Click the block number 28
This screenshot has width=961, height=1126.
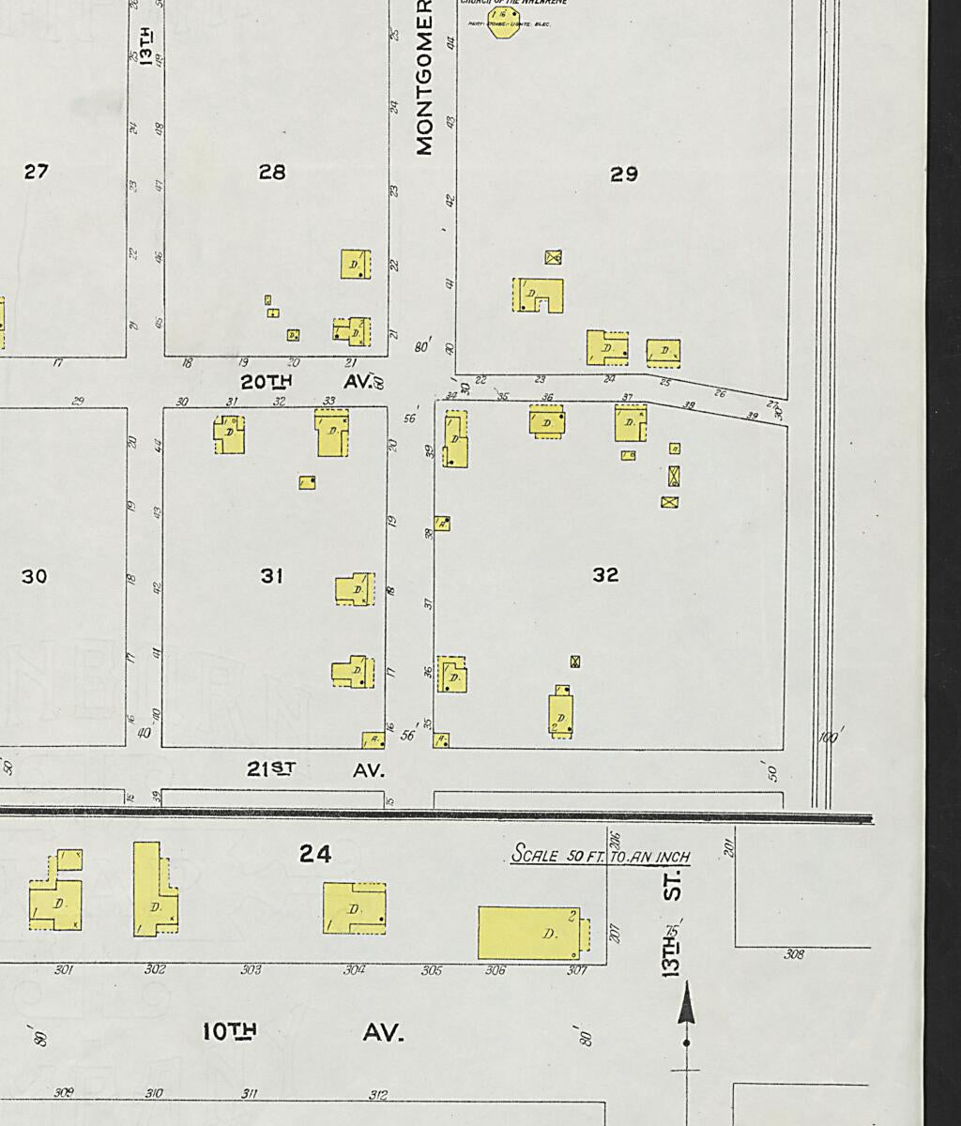click(x=272, y=172)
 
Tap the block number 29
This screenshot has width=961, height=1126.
click(x=624, y=174)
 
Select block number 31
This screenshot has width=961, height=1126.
click(x=272, y=575)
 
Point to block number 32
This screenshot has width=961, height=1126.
click(x=605, y=575)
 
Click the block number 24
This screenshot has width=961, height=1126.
click(x=315, y=854)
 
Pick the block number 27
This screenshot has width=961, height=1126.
click(x=36, y=172)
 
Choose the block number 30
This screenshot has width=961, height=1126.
click(x=34, y=576)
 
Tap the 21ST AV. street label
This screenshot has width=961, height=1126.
click(x=315, y=769)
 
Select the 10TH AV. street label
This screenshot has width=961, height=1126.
click(x=303, y=1032)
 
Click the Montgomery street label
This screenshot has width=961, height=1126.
click(x=424, y=84)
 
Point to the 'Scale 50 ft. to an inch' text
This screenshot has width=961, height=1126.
click(x=601, y=856)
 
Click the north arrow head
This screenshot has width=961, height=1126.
click(x=687, y=1002)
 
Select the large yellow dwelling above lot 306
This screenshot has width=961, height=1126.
click(x=530, y=933)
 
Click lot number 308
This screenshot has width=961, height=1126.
click(x=794, y=955)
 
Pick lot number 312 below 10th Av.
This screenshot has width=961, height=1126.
click(x=378, y=1094)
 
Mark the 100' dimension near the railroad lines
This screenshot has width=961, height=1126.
click(x=828, y=738)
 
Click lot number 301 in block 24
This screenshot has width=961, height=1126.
click(x=63, y=970)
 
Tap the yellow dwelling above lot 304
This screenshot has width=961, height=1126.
click(x=354, y=908)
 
